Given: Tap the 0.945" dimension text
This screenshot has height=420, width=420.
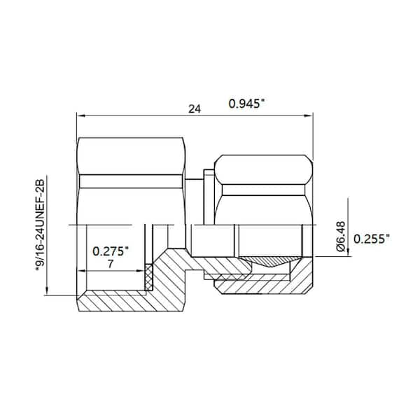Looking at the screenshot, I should pyautogui.click(x=247, y=104).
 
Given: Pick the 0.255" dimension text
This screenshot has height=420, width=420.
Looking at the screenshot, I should pyautogui.click(x=372, y=239).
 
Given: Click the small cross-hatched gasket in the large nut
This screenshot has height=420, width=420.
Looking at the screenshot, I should pyautogui.click(x=148, y=277).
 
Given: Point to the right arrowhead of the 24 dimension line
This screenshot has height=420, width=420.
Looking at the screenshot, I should pyautogui.click(x=308, y=115).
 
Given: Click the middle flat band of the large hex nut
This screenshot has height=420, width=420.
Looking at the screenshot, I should pyautogui.click(x=132, y=181).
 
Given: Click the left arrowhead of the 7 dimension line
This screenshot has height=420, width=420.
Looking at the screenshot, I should pyautogui.click(x=81, y=270).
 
